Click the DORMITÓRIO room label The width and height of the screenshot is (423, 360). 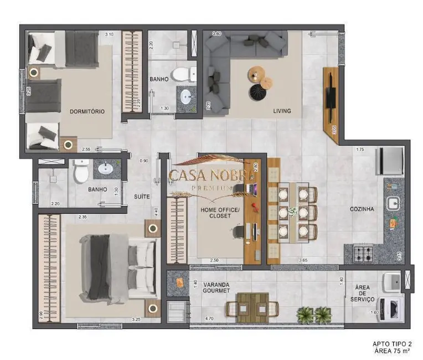87,111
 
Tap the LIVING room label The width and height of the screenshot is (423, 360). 282,111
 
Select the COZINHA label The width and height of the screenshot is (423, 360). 362,209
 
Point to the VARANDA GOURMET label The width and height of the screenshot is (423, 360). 216,289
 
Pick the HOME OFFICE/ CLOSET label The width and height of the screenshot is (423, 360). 220,213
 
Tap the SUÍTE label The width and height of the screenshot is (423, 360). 142,197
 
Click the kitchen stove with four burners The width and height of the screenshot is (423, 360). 363,254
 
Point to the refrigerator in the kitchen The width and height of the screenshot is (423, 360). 388,160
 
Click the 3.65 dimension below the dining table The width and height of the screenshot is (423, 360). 303,260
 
